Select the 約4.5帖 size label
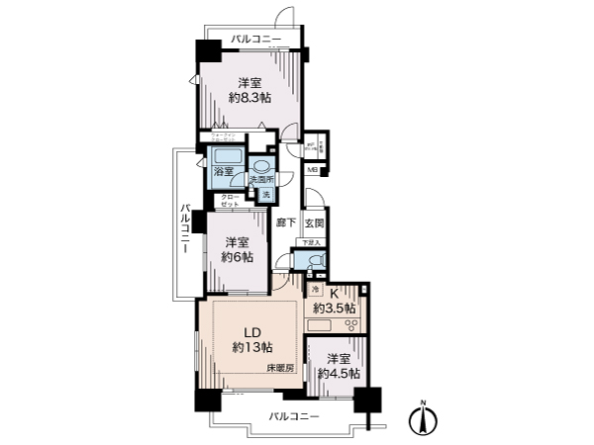click(338, 374)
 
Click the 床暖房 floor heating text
click(281, 368)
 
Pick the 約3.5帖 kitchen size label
click(336, 308)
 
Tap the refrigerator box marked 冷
click(316, 290)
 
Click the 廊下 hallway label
click(286, 223)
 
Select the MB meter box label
click(312, 170)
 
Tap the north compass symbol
click(425, 419)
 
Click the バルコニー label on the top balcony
click(256, 40)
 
